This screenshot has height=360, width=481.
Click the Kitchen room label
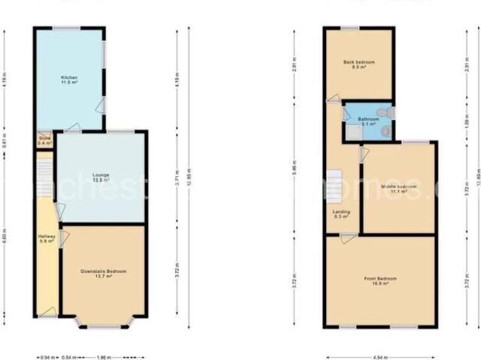pyautogui.click(x=69, y=80)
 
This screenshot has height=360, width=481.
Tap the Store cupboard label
pyautogui.click(x=44, y=141)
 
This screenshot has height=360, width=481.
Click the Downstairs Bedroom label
pyautogui.click(x=104, y=273)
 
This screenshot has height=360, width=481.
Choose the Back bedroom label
pyautogui.click(x=358, y=65)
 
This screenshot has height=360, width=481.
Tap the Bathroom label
pyautogui.click(x=368, y=122)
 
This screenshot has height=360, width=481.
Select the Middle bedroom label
pyautogui.click(x=398, y=188)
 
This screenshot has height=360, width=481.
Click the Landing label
pyautogui.click(x=341, y=214)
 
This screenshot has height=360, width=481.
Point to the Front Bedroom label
pyautogui.click(x=380, y=281)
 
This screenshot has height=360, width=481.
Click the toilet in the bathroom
pyautogui.click(x=385, y=112)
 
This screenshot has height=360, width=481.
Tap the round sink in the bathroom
pyautogui.click(x=386, y=130)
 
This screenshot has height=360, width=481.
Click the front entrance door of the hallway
pyautogui.click(x=47, y=316)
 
